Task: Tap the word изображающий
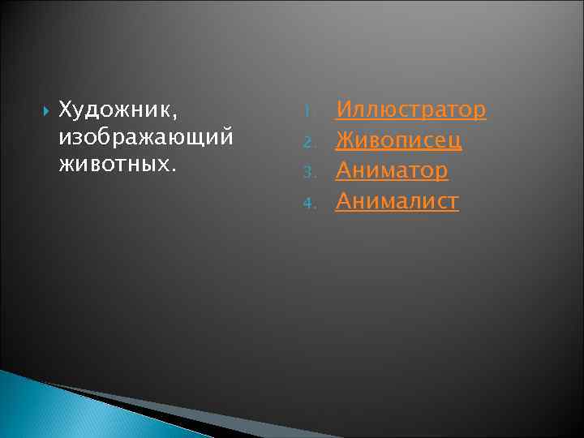(x=146, y=135)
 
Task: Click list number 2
(x=307, y=143)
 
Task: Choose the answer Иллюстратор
(x=411, y=109)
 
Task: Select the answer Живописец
(x=399, y=140)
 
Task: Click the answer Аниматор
(x=392, y=170)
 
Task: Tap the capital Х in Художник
(x=66, y=109)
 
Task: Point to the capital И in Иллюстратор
(x=344, y=109)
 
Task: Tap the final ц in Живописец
(x=456, y=142)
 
